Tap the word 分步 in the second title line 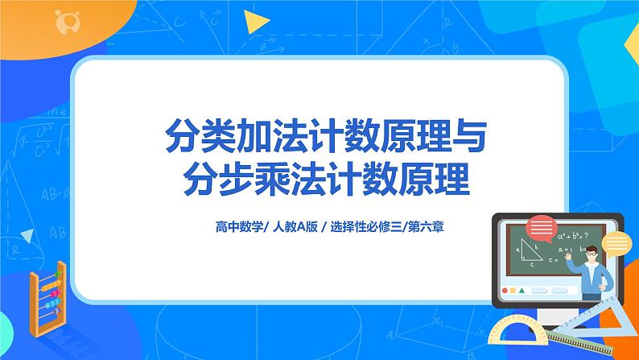pyautogui.click(x=189, y=178)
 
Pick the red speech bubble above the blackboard pyautogui.click(x=542, y=227)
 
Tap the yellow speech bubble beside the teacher pyautogui.click(x=616, y=242)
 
